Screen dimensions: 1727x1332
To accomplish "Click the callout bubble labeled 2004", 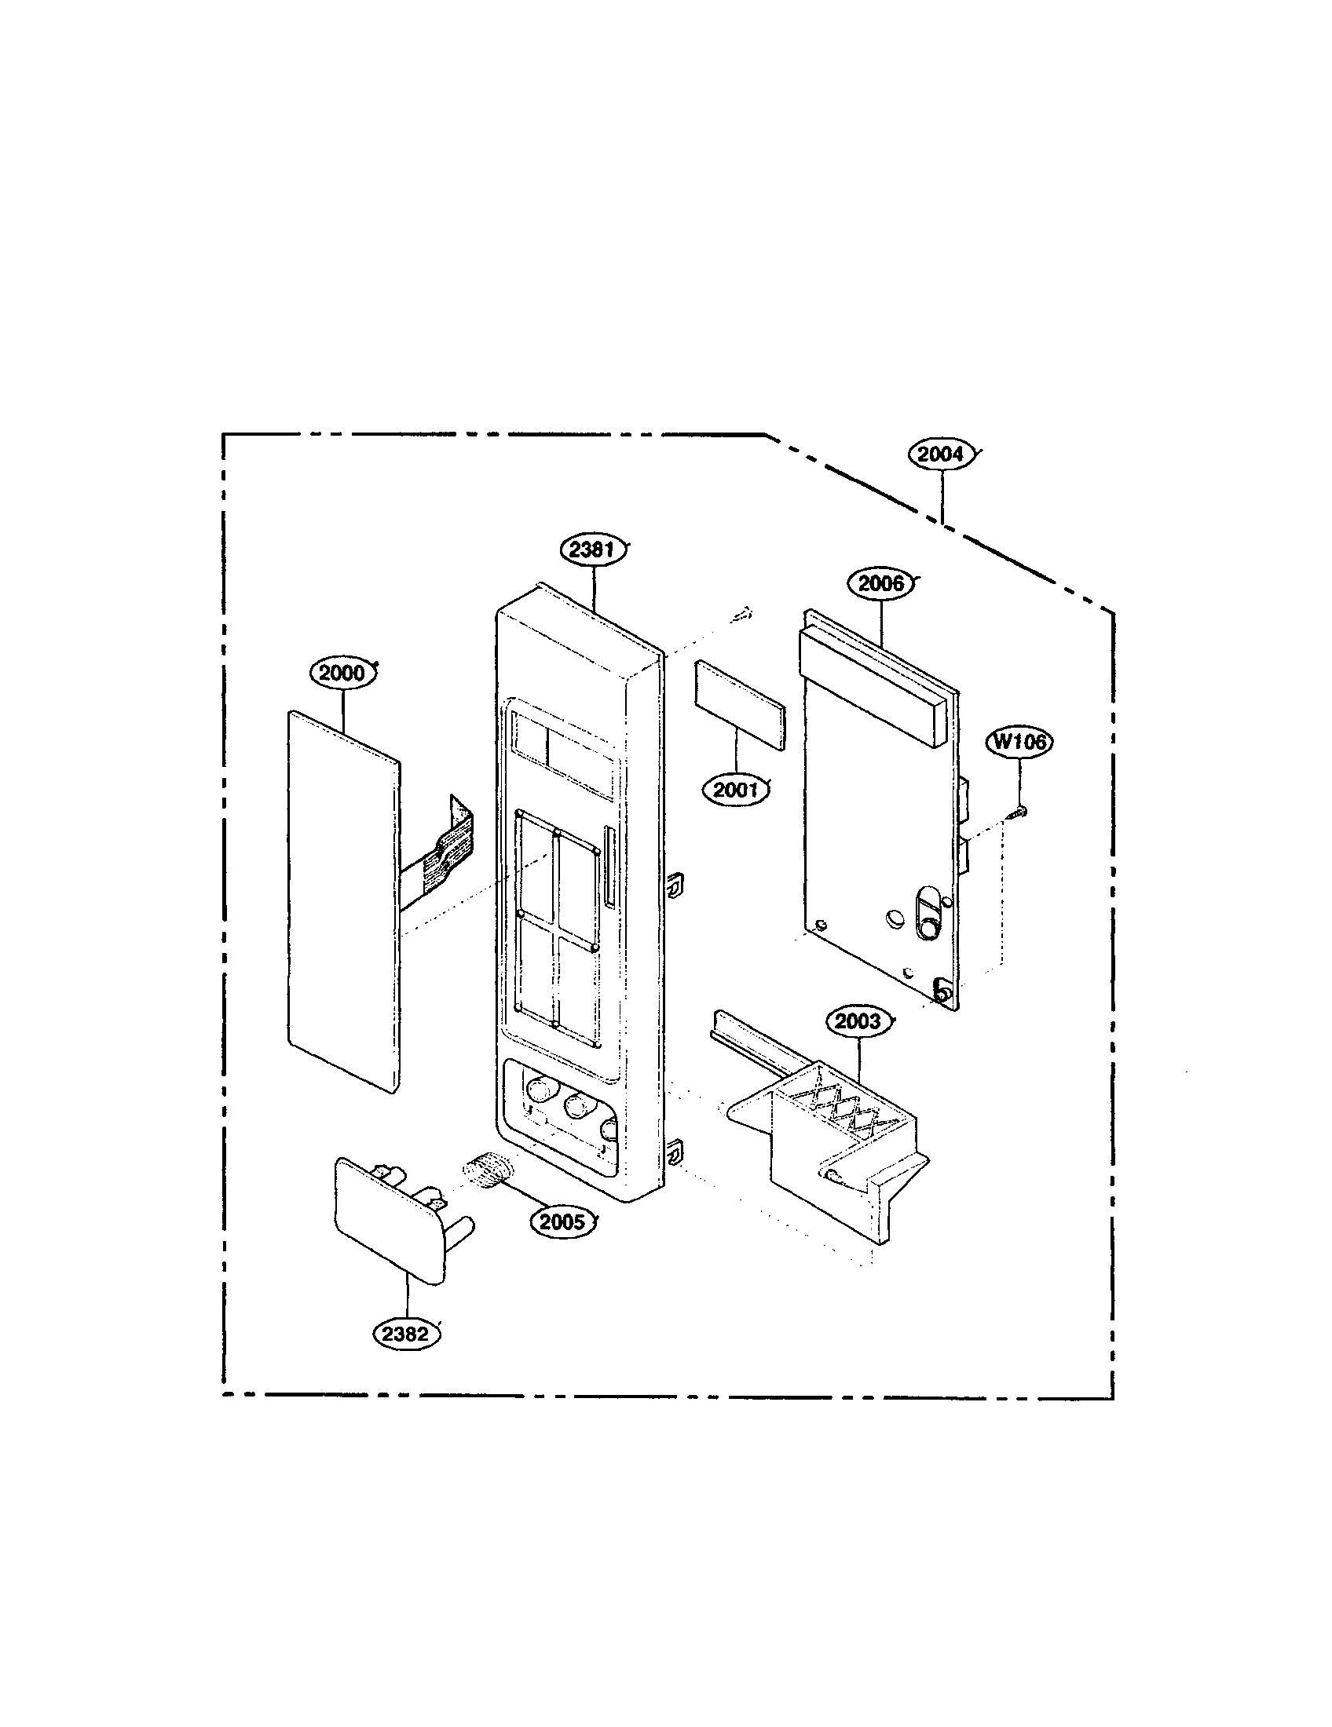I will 941,455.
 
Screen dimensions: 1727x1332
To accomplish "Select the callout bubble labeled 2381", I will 592,549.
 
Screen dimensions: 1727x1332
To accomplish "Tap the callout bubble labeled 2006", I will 880,583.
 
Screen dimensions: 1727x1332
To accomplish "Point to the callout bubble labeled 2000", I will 342,673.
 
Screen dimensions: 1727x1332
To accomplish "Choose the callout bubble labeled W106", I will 1019,742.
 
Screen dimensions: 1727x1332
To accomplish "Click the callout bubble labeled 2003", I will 858,1020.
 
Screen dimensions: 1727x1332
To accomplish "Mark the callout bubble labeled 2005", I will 562,1221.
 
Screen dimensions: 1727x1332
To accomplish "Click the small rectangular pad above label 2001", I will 740,706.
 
